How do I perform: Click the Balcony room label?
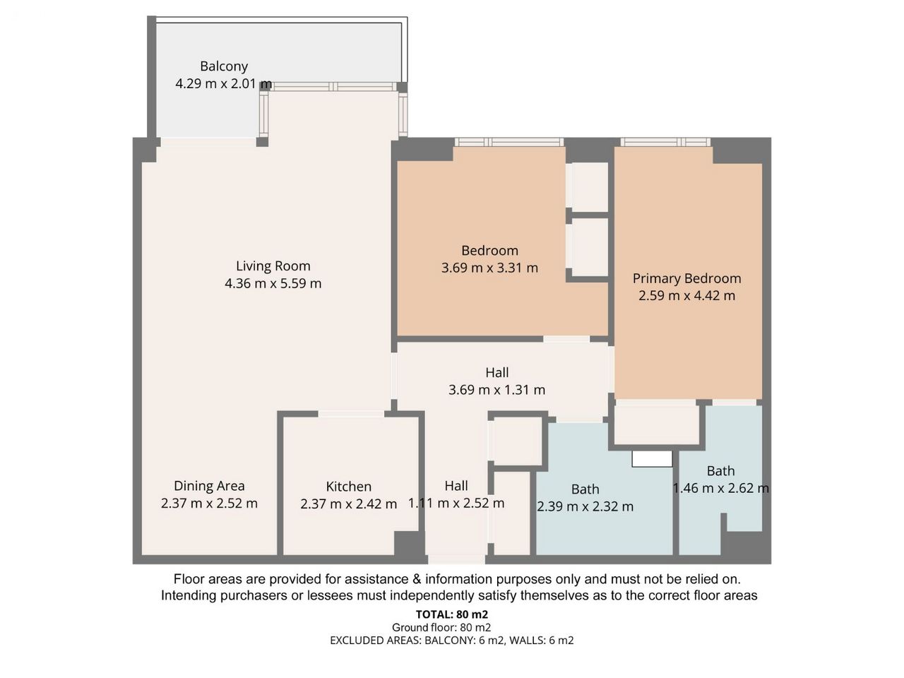tap(224, 66)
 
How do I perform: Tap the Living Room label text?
tap(273, 266)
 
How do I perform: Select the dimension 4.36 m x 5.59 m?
tap(273, 283)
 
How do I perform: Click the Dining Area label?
tap(209, 486)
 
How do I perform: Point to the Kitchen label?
tap(348, 487)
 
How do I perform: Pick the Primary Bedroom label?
tap(687, 278)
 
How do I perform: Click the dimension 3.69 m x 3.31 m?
tap(489, 268)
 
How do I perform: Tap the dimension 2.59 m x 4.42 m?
tap(687, 296)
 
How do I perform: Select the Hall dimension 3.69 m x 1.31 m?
tap(496, 390)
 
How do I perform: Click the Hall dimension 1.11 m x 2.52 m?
tap(456, 503)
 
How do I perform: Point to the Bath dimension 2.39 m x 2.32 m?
tap(585, 506)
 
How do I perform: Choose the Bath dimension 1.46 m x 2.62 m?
tap(721, 488)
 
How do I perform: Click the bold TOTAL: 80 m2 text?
tap(452, 614)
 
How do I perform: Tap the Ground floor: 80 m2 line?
tap(441, 627)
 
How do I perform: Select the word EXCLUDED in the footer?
tap(355, 641)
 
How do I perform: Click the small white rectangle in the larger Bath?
tap(652, 458)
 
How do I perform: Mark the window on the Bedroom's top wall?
tap(509, 142)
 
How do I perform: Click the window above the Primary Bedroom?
tap(665, 142)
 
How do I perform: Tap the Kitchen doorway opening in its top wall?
tap(351, 414)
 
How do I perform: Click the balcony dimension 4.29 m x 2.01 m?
tap(224, 83)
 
